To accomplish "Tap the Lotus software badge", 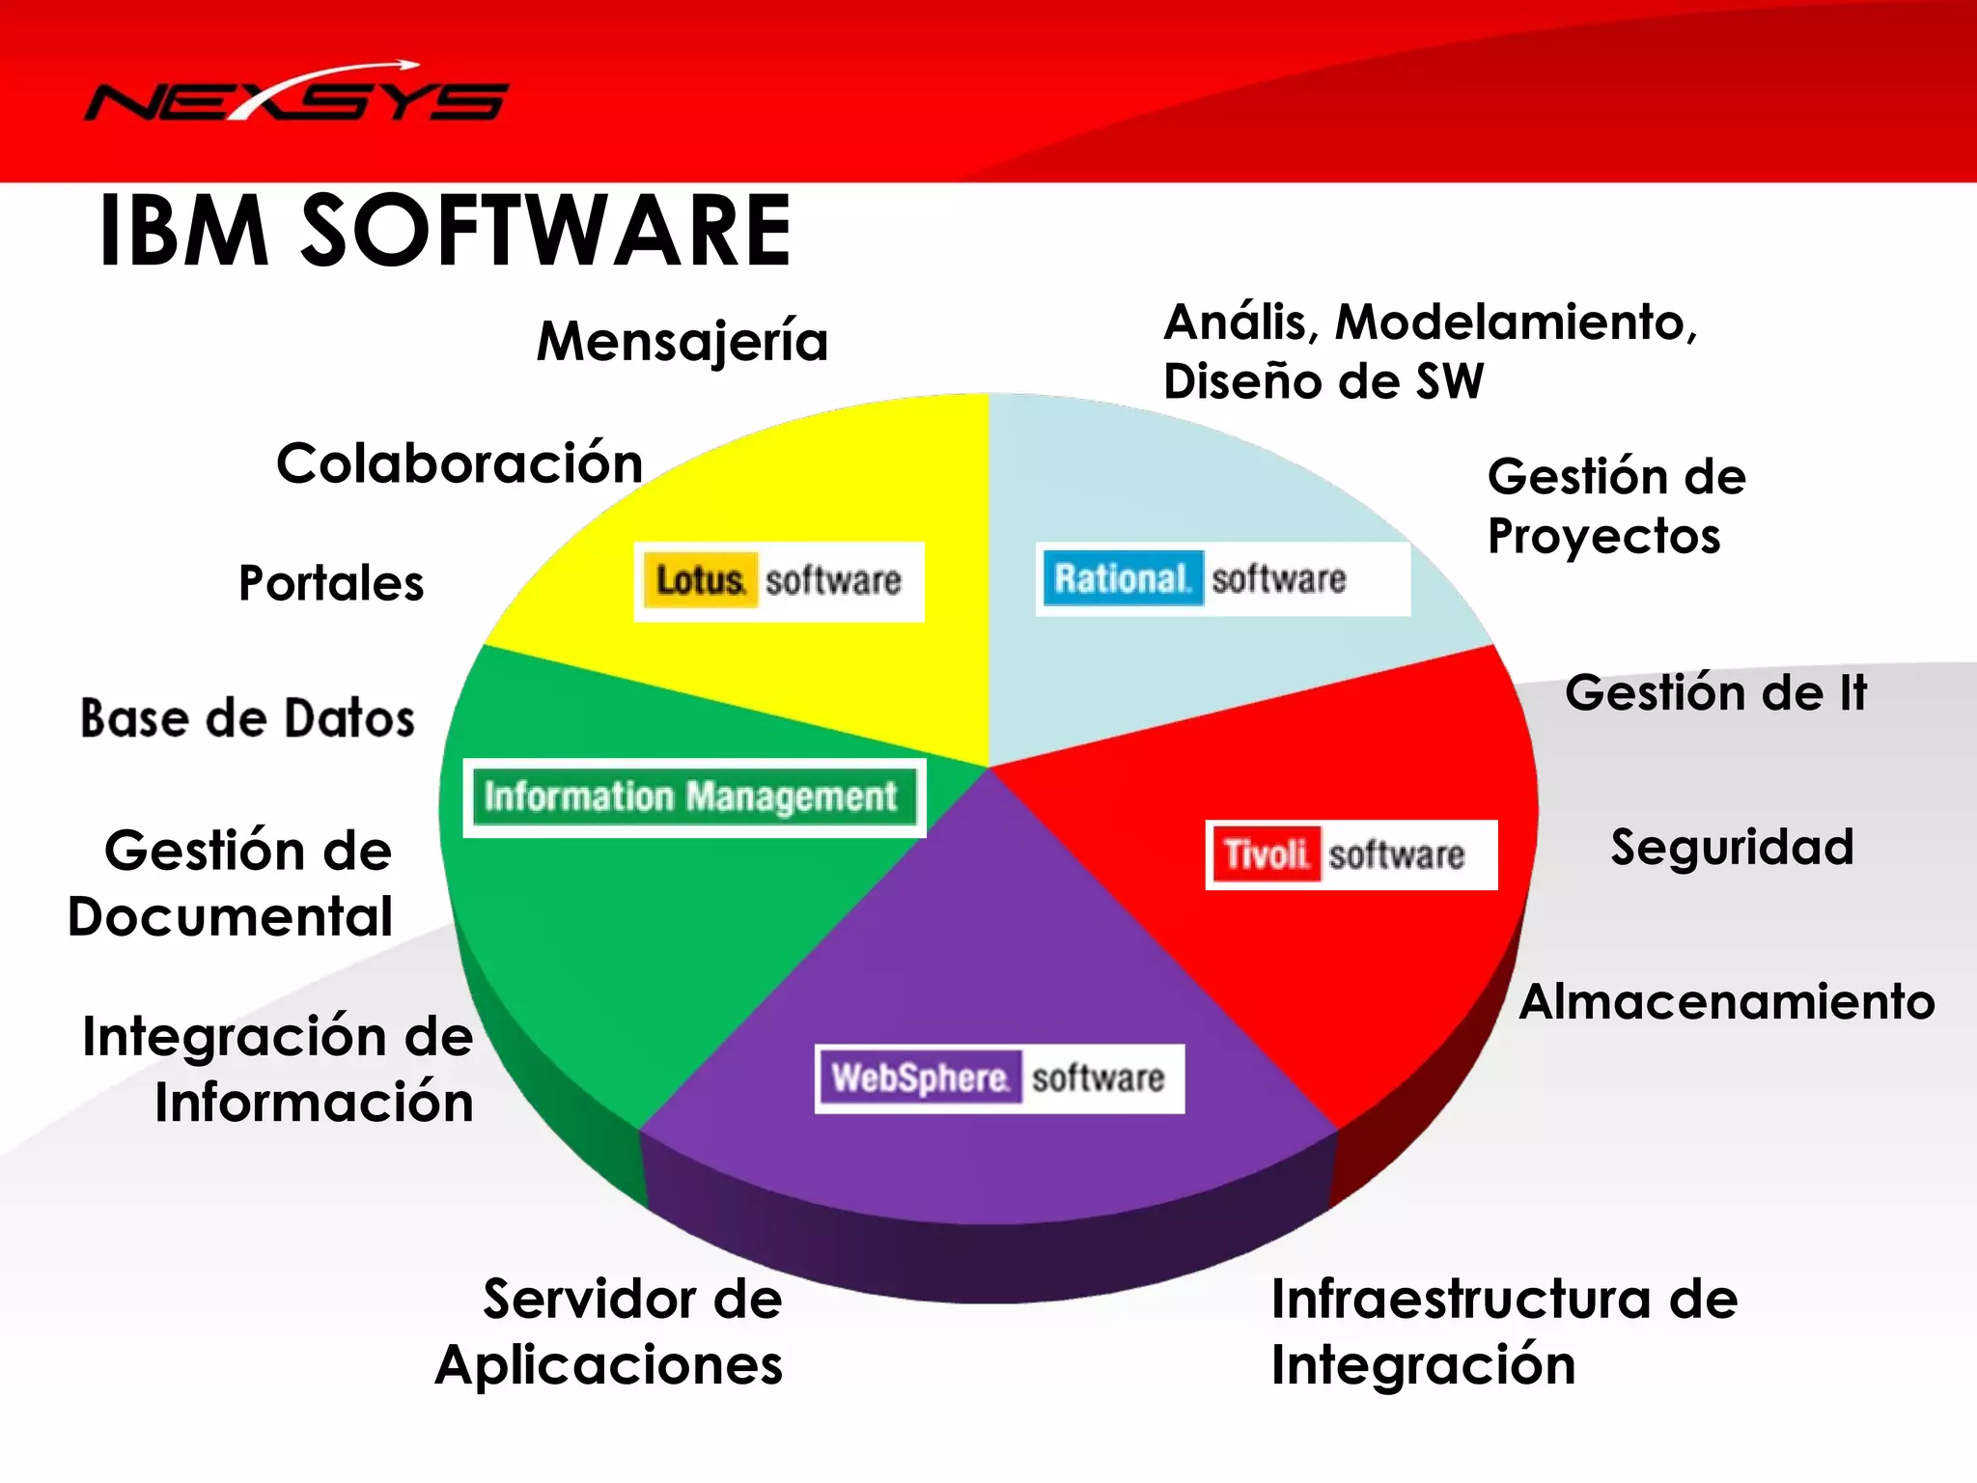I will click(778, 581).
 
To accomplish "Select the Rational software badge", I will click(1222, 579).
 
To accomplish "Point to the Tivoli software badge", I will click(1350, 854).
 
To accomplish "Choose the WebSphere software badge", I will click(999, 1078).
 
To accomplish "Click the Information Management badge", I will click(693, 797).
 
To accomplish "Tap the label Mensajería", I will click(682, 343).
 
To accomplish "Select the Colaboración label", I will click(459, 463).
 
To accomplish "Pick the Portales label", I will click(331, 583).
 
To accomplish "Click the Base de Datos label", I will click(248, 718).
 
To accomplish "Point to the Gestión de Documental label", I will click(232, 882).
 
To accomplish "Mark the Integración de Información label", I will click(279, 1069).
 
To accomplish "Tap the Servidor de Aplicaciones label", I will click(610, 1331).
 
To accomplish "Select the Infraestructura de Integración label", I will click(1503, 1331).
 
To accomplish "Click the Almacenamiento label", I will click(1727, 1001).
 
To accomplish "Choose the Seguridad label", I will click(1732, 848).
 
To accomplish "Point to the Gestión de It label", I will click(1715, 693).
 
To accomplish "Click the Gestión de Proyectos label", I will click(1616, 506).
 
